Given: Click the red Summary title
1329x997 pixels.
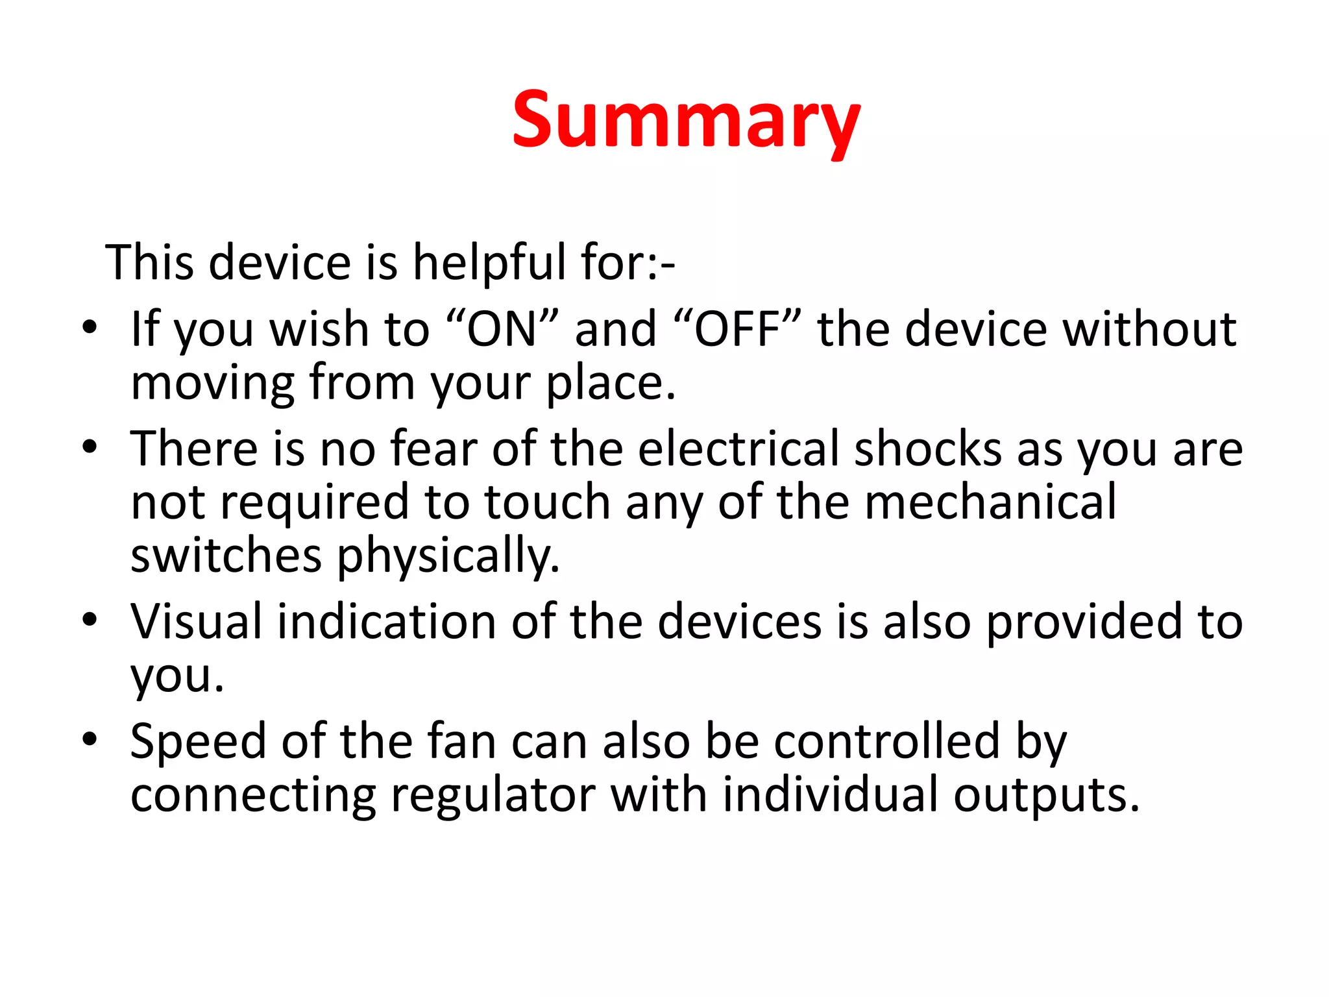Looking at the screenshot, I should pos(686,121).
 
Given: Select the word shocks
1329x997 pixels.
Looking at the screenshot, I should pos(928,449).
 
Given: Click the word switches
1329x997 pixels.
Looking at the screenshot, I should pos(226,556).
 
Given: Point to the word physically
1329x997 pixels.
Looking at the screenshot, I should pos(448,557).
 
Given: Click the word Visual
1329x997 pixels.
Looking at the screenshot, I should pos(196,621).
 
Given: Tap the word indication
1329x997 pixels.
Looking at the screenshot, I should pos(387,621).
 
